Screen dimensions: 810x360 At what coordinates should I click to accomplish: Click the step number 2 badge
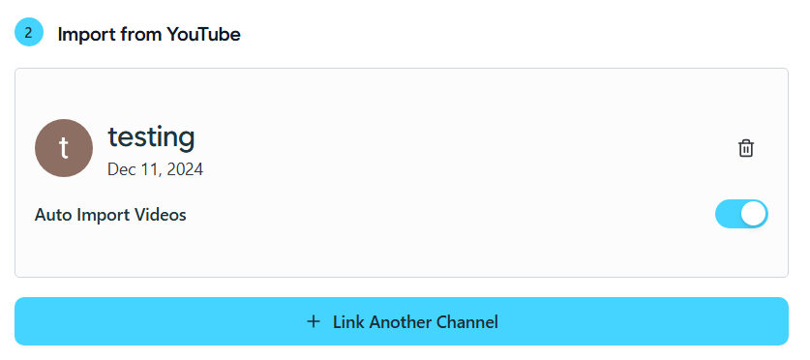[29, 32]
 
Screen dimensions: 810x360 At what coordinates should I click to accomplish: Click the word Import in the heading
[87, 34]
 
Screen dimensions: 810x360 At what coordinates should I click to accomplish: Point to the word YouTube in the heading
[203, 34]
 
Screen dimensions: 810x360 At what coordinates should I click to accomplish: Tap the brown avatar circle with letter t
[64, 148]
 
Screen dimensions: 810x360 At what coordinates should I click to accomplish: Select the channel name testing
[151, 137]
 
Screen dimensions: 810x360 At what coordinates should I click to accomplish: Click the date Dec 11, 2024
[156, 169]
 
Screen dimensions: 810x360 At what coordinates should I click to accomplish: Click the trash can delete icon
[746, 148]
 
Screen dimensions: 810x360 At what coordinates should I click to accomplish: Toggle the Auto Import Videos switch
[741, 214]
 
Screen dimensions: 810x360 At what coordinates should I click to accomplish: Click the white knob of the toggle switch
[754, 214]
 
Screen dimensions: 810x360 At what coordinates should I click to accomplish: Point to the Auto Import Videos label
[110, 215]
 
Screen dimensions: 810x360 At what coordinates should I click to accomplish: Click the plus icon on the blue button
[313, 322]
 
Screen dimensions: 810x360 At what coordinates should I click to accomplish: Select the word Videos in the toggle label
[161, 215]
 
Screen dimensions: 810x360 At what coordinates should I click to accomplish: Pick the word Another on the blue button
[401, 322]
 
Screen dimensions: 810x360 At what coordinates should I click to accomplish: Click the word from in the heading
[141, 34]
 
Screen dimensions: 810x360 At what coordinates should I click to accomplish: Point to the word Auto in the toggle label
[53, 215]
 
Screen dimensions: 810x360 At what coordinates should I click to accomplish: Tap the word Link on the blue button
[348, 322]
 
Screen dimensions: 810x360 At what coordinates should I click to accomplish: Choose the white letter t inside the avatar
[64, 148]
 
